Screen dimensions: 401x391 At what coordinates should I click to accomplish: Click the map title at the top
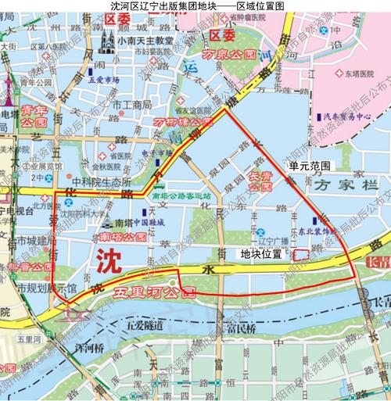(x=195, y=5)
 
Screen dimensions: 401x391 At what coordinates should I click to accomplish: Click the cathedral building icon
(x=103, y=42)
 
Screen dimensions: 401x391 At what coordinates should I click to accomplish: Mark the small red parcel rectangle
(x=300, y=253)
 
